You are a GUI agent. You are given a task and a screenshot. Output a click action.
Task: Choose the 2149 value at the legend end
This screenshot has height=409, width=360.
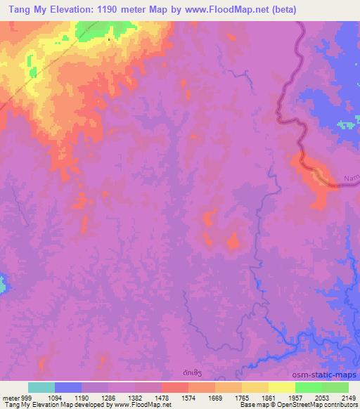pyautogui.click(x=347, y=397)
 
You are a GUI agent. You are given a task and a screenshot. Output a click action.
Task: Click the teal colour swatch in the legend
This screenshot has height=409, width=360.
pyautogui.click(x=41, y=387)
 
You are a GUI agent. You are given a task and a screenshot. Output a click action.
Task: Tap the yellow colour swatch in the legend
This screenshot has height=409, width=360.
pyautogui.click(x=282, y=387)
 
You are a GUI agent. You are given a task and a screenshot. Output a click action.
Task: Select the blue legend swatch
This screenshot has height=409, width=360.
pyautogui.click(x=68, y=387)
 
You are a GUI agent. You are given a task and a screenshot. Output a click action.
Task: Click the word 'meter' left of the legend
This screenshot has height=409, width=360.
pyautogui.click(x=9, y=397)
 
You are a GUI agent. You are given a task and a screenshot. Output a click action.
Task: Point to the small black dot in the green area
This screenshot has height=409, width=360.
pyautogui.click(x=109, y=39)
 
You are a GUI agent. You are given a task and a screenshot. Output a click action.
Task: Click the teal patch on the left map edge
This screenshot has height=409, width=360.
pyautogui.click(x=3, y=285)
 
